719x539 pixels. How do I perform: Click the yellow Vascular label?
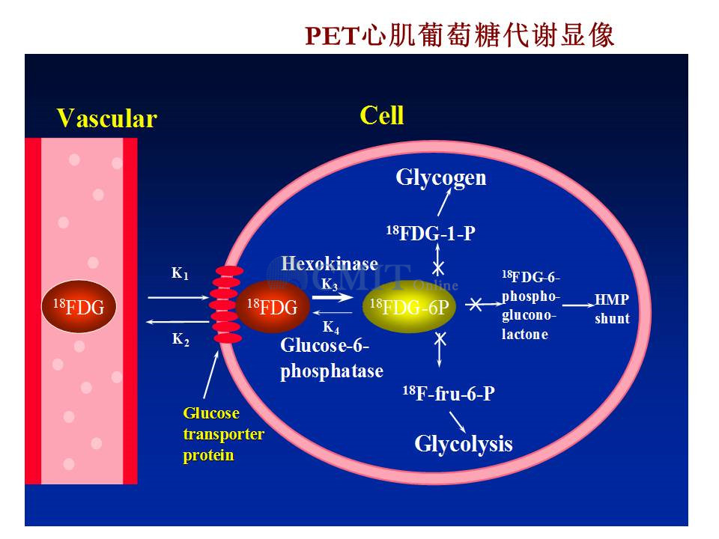click(107, 118)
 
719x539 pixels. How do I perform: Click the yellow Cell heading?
click(381, 115)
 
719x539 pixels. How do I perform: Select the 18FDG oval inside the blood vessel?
click(79, 307)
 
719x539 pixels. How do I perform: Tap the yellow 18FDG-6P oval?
click(409, 307)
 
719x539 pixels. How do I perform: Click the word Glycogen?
click(440, 178)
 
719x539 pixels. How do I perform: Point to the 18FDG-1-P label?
click(431, 233)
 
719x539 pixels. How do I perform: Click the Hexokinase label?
click(330, 264)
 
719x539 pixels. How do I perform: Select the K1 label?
click(180, 273)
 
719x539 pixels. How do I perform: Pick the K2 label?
click(180, 339)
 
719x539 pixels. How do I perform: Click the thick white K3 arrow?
click(333, 297)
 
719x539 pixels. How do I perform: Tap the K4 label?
click(330, 327)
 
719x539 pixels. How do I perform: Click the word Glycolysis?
click(463, 444)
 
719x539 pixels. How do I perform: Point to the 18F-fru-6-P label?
click(449, 393)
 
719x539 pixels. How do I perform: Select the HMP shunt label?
click(612, 309)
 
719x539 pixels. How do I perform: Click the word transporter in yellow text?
click(223, 434)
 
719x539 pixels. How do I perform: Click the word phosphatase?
click(332, 371)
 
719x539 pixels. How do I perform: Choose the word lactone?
click(524, 334)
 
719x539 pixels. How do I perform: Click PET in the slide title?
click(331, 36)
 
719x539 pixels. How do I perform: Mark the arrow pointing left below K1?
click(178, 322)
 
